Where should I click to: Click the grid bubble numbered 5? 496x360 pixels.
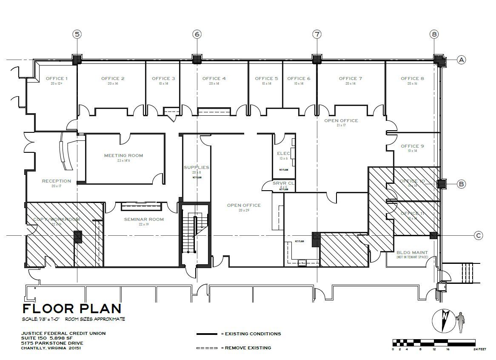tap(77, 34)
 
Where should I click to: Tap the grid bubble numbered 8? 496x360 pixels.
tap(434, 34)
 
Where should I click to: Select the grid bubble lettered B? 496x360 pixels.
tap(462, 184)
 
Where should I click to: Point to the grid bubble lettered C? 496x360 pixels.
tap(479, 235)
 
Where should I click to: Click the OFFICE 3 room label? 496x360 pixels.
tap(163, 78)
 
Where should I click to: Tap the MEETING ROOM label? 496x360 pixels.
tap(123, 155)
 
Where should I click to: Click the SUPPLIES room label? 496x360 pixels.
tap(196, 167)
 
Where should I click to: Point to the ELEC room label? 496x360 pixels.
tap(283, 153)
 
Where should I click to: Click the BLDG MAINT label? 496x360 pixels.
tap(412, 252)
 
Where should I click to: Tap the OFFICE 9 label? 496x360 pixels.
tap(412, 146)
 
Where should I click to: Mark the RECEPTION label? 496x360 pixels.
tap(56, 181)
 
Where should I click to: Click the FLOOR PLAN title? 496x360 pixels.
tap(72, 309)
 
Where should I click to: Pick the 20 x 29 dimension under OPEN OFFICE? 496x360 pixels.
tap(243, 210)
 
